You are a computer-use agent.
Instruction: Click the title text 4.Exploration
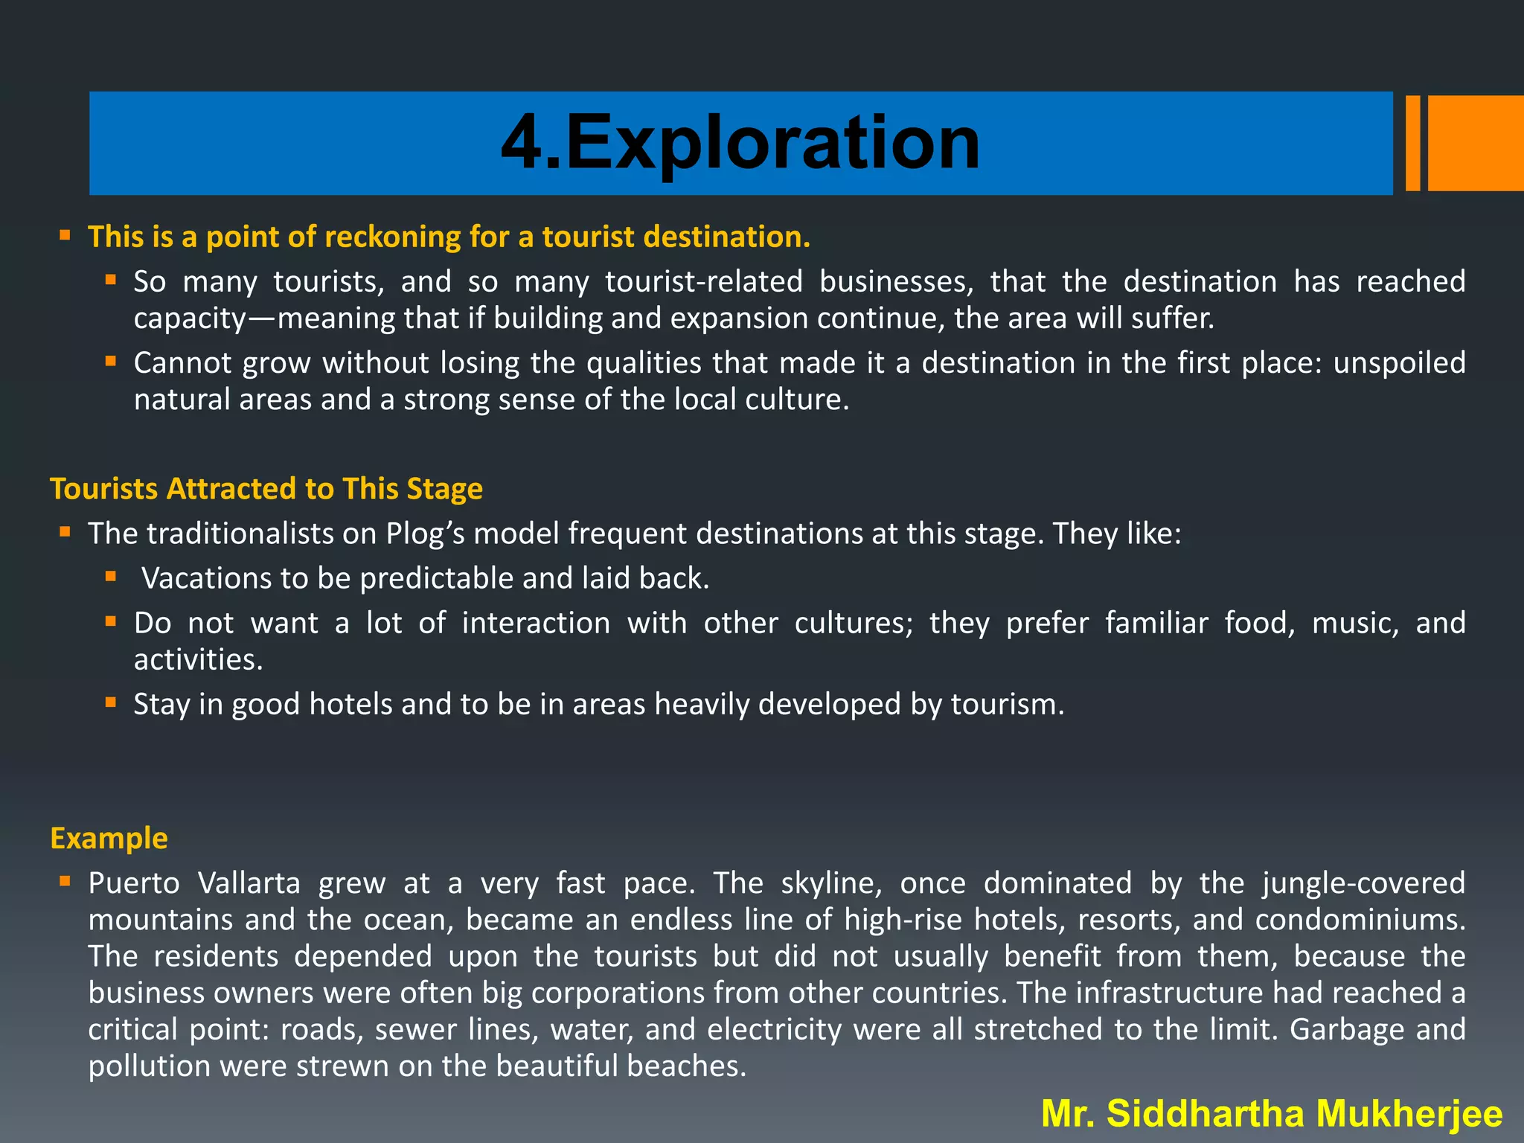click(740, 143)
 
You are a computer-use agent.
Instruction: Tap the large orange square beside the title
click(1475, 143)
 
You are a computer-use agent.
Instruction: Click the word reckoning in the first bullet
click(392, 237)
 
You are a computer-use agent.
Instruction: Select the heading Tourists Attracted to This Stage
click(266, 489)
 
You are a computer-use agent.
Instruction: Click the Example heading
click(109, 838)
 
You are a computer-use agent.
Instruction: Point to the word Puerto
click(134, 883)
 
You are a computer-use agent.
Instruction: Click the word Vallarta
click(249, 883)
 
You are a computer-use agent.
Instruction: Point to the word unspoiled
click(1399, 363)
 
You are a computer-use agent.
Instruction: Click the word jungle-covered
click(1363, 883)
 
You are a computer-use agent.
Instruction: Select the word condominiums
click(1360, 920)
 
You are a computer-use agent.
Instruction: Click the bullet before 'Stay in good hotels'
click(111, 702)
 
